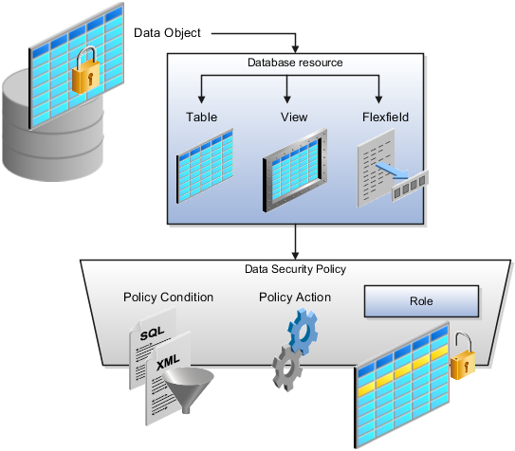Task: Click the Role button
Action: tap(421, 303)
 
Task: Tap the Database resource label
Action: tap(295, 63)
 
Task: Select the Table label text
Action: tap(201, 117)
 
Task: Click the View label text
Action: tap(294, 117)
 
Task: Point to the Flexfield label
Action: tap(384, 117)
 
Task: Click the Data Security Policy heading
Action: tap(295, 270)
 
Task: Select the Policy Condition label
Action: tap(168, 298)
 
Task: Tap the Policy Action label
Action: tap(295, 298)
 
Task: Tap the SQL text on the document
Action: tap(155, 336)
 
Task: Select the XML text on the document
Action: tap(169, 363)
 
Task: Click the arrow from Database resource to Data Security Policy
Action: tap(296, 242)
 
